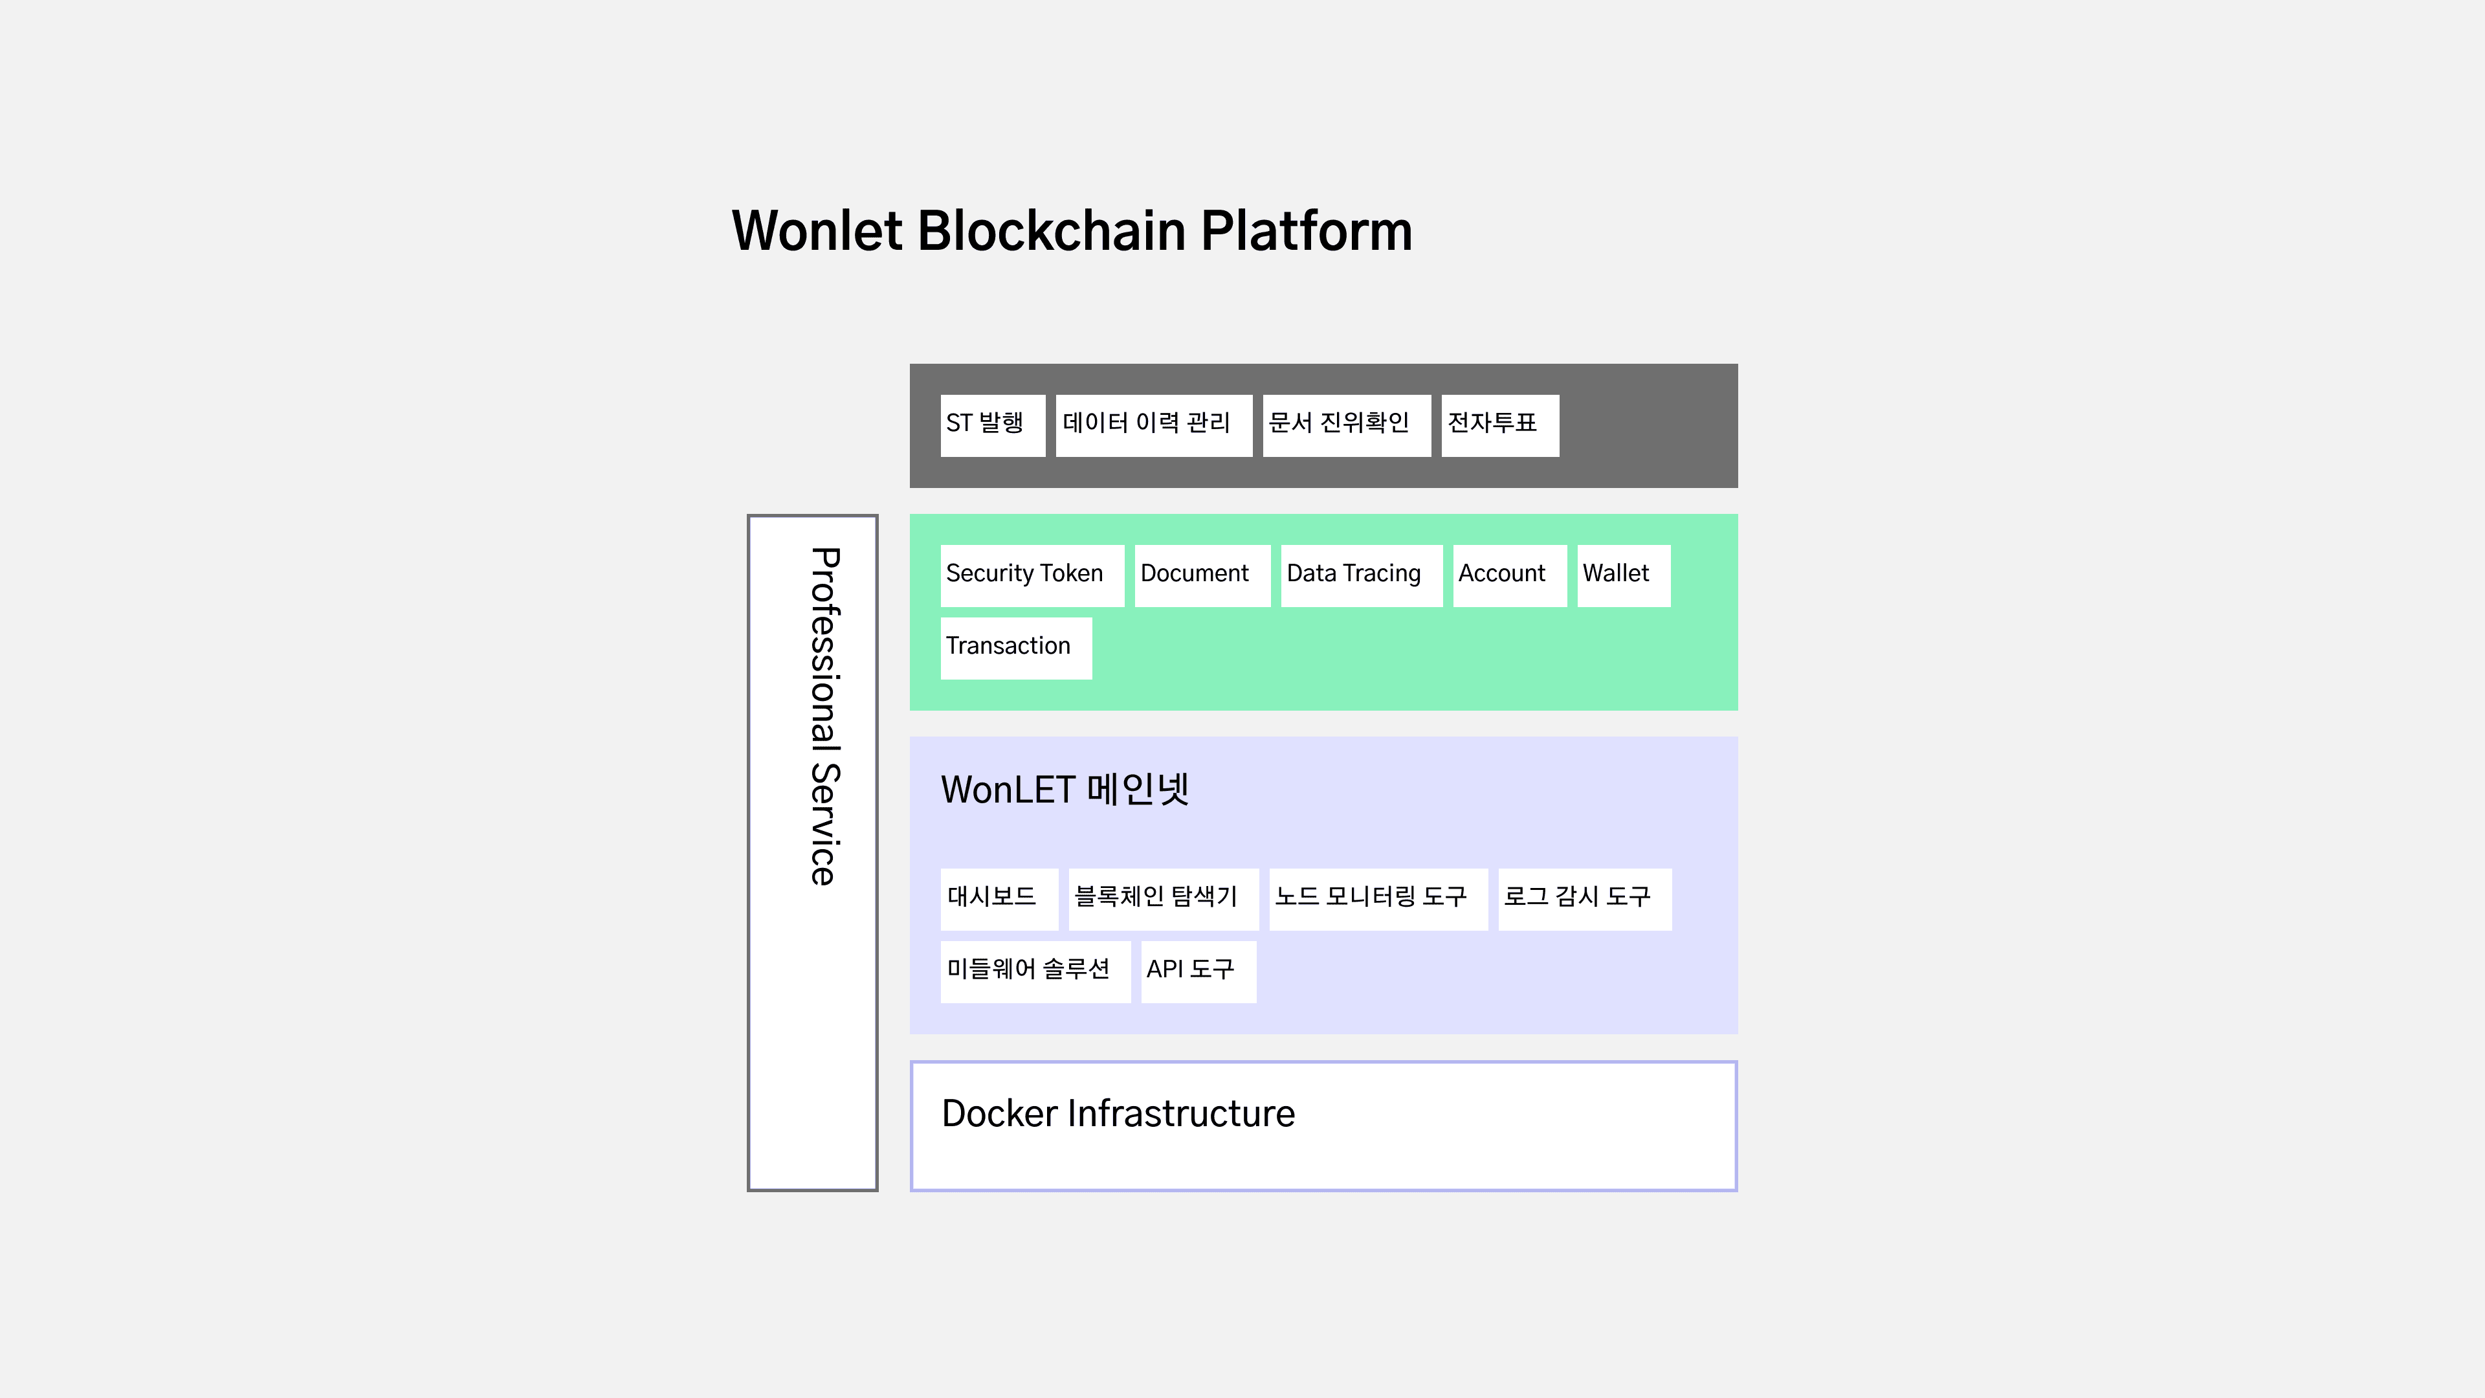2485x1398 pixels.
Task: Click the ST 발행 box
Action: pos(991,425)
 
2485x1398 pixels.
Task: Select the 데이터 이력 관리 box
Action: pos(1153,425)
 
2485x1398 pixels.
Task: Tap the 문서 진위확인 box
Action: pos(1346,425)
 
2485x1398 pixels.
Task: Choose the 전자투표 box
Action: pos(1499,425)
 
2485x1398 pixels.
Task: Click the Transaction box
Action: pos(1015,647)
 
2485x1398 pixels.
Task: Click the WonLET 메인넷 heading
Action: pos(1064,789)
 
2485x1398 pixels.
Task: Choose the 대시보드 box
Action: pos(999,898)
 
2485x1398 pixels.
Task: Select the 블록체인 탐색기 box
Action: pos(1162,898)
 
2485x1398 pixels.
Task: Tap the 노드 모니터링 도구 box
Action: pos(1378,898)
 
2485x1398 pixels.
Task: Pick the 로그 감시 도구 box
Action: pos(1584,898)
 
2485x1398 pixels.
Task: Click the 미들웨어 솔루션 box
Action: pos(1034,971)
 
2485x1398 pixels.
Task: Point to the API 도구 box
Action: pos(1197,971)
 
